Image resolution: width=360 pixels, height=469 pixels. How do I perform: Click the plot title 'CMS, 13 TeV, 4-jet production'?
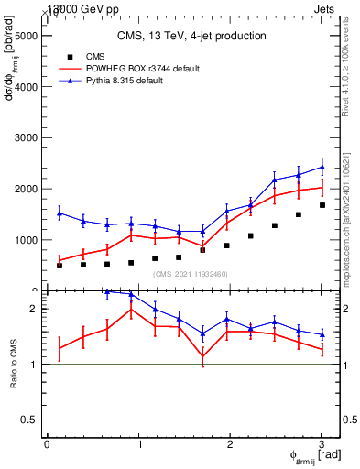point(191,37)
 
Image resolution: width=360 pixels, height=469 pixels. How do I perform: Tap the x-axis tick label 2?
point(231,444)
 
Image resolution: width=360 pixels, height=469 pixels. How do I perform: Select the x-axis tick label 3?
point(322,444)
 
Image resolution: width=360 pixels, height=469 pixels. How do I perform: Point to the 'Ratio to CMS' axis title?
point(14,365)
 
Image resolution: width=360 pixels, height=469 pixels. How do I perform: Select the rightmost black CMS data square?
point(322,205)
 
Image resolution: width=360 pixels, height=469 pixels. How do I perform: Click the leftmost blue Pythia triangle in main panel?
point(60,213)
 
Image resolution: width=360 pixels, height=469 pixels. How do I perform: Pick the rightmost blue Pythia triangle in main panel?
point(322,167)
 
